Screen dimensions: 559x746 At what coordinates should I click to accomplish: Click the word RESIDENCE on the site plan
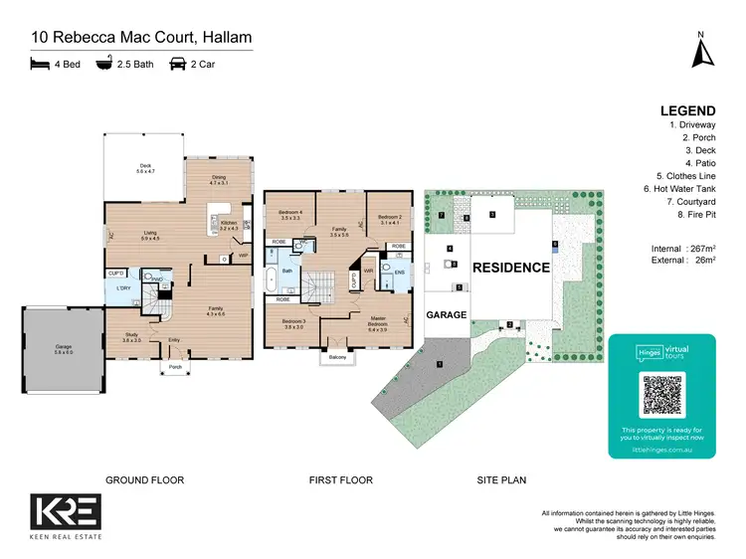click(510, 268)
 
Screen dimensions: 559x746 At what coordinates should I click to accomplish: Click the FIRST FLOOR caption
click(340, 480)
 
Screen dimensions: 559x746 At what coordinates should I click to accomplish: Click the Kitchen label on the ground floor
click(228, 225)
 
